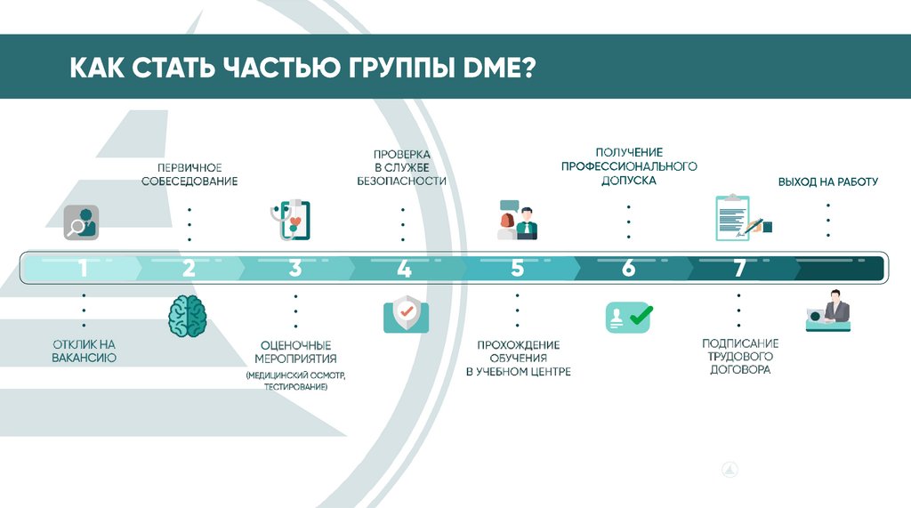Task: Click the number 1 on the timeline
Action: coord(83,268)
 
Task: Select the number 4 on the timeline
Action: coord(404,268)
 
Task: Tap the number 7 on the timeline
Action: coord(738,268)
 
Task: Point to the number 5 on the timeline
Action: coord(518,268)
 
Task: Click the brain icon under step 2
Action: coord(188,317)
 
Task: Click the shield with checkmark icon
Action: coord(406,314)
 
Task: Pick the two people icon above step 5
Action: coord(517,222)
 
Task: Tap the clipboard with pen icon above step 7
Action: coord(741,219)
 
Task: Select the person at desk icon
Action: coord(828,312)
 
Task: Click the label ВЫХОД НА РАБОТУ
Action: coord(827,181)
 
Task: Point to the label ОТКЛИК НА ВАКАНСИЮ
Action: coord(83,351)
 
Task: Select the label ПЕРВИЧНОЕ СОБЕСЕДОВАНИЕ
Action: coord(189,174)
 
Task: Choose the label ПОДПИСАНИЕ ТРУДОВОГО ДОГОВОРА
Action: coord(739,356)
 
